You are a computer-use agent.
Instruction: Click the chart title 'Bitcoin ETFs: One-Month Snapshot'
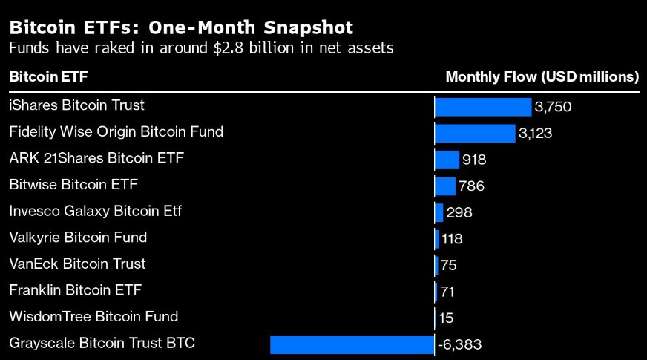point(180,27)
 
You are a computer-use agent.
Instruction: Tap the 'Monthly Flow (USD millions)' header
point(542,76)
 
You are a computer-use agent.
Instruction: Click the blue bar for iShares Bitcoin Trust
point(483,107)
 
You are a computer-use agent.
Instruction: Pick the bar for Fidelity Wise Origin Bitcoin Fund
point(475,134)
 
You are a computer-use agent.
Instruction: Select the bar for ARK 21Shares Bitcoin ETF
point(447,160)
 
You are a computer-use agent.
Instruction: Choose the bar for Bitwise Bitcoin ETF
point(445,186)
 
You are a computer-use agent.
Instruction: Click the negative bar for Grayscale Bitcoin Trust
point(352,344)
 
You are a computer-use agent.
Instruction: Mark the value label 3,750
point(553,107)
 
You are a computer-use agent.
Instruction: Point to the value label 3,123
point(536,134)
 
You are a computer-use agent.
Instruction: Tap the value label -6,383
point(460,344)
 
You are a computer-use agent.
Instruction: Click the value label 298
point(459,213)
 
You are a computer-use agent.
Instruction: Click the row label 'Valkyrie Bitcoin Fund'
point(78,238)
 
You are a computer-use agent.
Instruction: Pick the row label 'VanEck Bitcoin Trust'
point(77,264)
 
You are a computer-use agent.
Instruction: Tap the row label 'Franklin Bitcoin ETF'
point(75,290)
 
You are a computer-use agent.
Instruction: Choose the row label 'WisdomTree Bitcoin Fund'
point(93,316)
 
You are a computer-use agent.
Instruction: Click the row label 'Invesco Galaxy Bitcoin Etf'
point(95,211)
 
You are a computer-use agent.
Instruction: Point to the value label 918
point(474,160)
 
